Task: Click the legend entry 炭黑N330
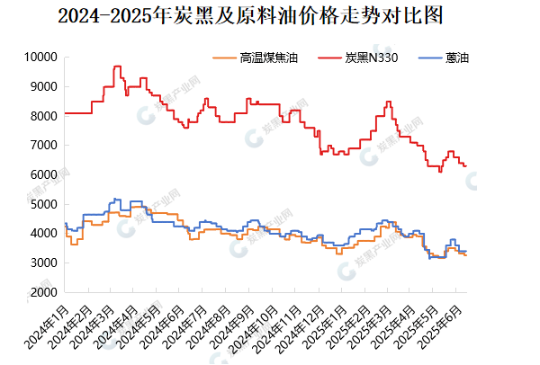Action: pos(368,58)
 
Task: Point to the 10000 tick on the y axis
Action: pos(40,58)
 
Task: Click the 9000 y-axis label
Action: pos(43,87)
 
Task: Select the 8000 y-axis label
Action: pos(43,116)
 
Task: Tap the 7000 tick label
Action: pos(43,146)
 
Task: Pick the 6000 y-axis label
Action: pos(43,175)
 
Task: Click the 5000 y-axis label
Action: pos(43,205)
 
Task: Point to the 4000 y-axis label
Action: pos(43,234)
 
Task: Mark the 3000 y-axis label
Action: pos(43,263)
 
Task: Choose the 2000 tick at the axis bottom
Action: pos(43,293)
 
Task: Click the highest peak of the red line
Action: pos(117,67)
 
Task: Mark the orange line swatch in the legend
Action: pos(224,58)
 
